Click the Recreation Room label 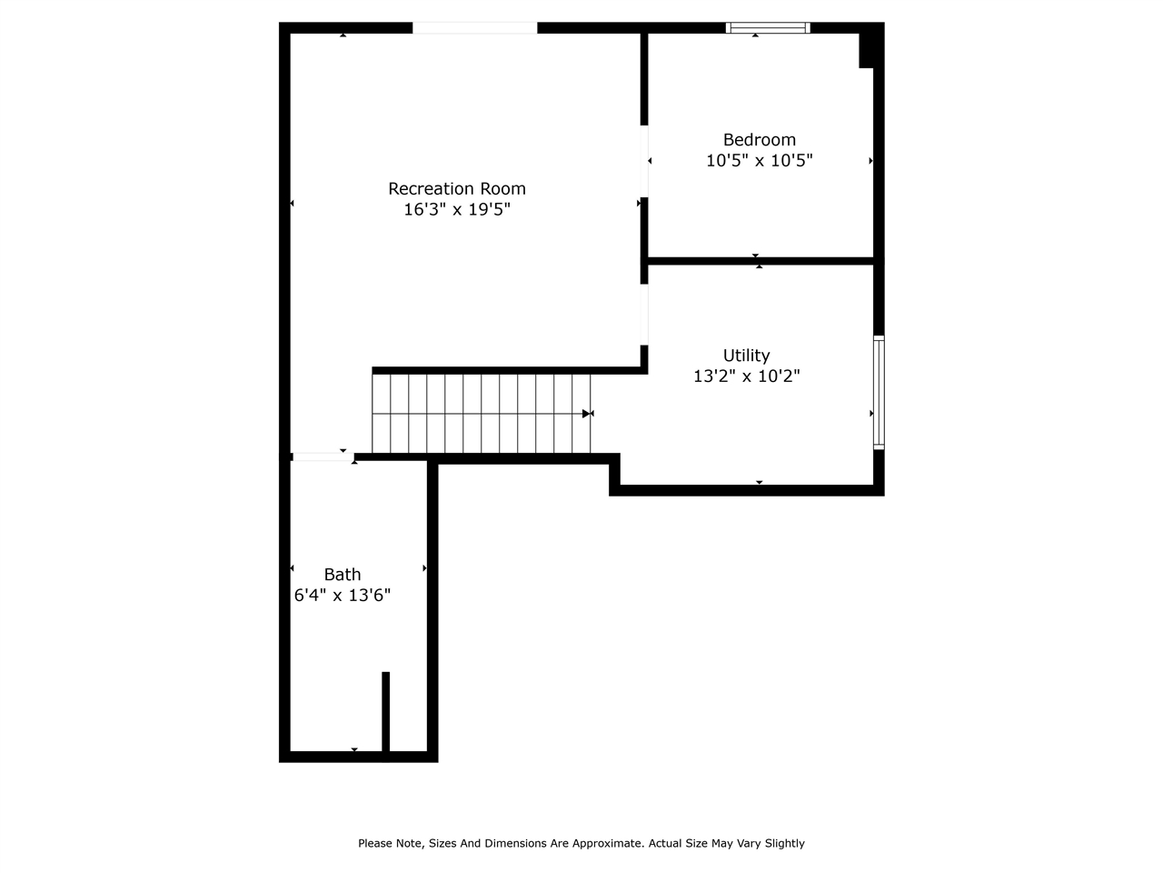[x=457, y=189]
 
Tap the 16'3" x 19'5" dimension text [x=457, y=209]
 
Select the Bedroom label [x=760, y=140]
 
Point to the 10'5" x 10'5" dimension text [x=760, y=160]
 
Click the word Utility [x=747, y=356]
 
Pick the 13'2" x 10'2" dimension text [x=747, y=376]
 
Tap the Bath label [x=343, y=575]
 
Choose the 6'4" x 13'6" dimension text [x=343, y=596]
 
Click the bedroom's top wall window [x=768, y=27]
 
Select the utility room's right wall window [x=879, y=392]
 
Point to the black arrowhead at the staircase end [x=586, y=414]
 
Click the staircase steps [x=481, y=414]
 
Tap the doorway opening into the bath [x=323, y=457]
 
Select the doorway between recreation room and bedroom [x=644, y=161]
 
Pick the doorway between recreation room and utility [x=644, y=315]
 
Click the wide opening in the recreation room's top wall [x=474, y=27]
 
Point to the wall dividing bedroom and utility [x=760, y=261]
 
